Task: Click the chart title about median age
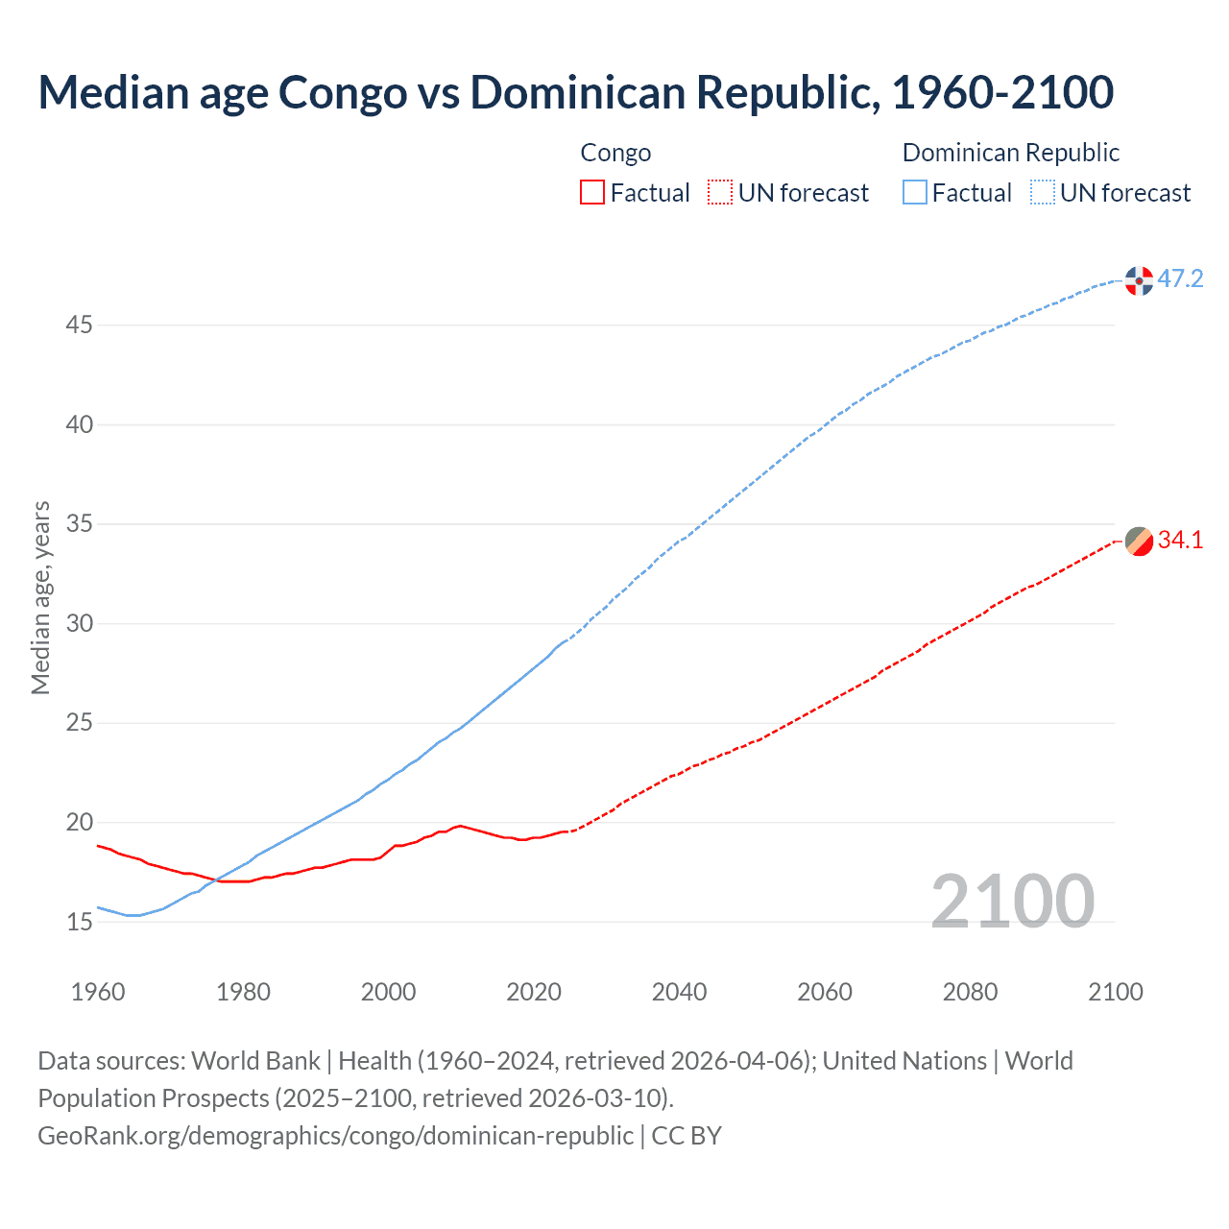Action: click(575, 92)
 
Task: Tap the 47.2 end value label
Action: click(1180, 279)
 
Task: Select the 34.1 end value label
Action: click(1180, 541)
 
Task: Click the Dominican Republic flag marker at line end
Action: click(1139, 280)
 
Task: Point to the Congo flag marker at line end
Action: click(1139, 542)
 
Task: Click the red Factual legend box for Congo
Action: click(592, 193)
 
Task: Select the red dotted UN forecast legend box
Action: click(720, 193)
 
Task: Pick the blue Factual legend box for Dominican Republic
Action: click(915, 193)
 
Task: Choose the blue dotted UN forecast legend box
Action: click(1043, 193)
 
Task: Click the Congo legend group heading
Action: click(615, 153)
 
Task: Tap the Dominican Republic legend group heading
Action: click(1011, 153)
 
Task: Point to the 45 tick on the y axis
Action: click(79, 325)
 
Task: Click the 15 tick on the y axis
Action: click(79, 922)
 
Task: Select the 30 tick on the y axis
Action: click(79, 624)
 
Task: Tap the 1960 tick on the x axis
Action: click(98, 992)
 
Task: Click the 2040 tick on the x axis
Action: click(679, 992)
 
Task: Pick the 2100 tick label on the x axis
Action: click(1115, 992)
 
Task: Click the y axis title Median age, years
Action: click(40, 597)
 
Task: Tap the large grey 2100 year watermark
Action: click(1012, 901)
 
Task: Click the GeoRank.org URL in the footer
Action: click(335, 1136)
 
